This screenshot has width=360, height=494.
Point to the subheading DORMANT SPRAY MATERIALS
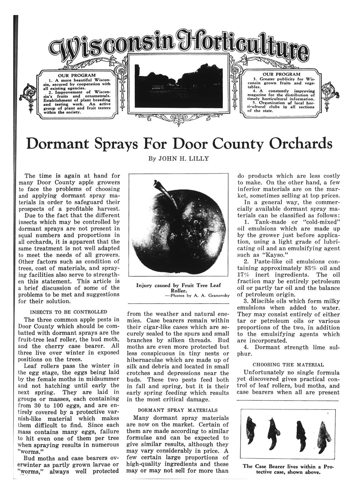[177, 410]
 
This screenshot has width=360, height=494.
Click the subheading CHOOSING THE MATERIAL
[288, 365]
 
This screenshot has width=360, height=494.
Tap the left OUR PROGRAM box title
[77, 75]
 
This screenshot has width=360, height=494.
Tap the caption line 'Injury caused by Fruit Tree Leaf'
[178, 285]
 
